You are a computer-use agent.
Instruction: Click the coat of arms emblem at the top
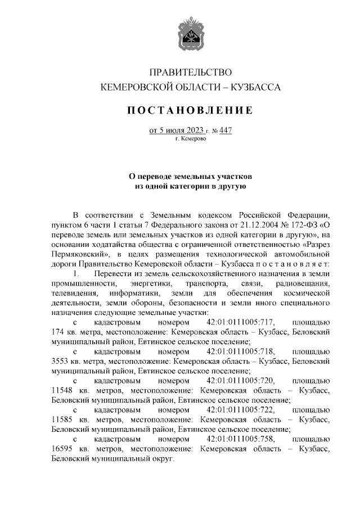point(190,31)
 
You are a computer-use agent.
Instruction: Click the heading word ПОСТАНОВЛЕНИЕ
point(190,110)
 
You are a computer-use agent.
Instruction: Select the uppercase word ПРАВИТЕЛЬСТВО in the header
point(190,72)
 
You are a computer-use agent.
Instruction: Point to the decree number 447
point(224,130)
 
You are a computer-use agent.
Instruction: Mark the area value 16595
point(63,448)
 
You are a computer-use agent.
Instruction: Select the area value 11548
point(63,390)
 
